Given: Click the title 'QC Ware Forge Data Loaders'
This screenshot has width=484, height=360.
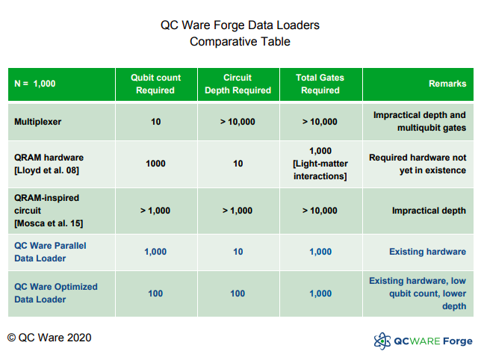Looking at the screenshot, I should coord(240,25).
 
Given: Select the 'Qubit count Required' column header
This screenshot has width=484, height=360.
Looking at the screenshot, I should coord(155,84).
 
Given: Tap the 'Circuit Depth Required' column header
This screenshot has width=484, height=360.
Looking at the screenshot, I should coord(238,84).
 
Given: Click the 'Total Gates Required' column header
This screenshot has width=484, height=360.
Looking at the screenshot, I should coord(320,84).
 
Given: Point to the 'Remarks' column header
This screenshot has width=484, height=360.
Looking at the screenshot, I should coord(447,84).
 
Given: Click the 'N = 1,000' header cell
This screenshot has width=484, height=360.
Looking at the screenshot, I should coord(35,84).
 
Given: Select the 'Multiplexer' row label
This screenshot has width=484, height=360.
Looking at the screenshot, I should coord(38,121).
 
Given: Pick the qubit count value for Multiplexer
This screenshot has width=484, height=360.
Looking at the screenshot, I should coord(155,121).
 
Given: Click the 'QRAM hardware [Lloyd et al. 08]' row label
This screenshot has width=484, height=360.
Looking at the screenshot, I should coord(49,164).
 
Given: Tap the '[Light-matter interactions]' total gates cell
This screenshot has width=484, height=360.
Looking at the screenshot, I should coord(320,164).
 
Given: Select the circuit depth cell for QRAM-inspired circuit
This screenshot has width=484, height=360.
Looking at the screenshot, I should coord(238,211).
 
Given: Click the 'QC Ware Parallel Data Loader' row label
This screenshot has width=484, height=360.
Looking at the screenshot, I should coord(51,252).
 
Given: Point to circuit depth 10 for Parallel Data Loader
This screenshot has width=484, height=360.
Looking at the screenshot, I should coord(238,252).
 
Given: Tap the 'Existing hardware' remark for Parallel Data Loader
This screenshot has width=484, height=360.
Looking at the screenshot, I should coord(427,252).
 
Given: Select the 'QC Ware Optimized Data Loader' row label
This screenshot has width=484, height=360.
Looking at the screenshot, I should coord(55,293).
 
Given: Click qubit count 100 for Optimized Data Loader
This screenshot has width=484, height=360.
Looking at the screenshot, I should coord(155,294).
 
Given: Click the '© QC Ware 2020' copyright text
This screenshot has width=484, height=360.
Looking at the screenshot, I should coord(49,338).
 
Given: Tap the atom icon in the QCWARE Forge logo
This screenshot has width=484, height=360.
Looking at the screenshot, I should coord(382,341).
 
